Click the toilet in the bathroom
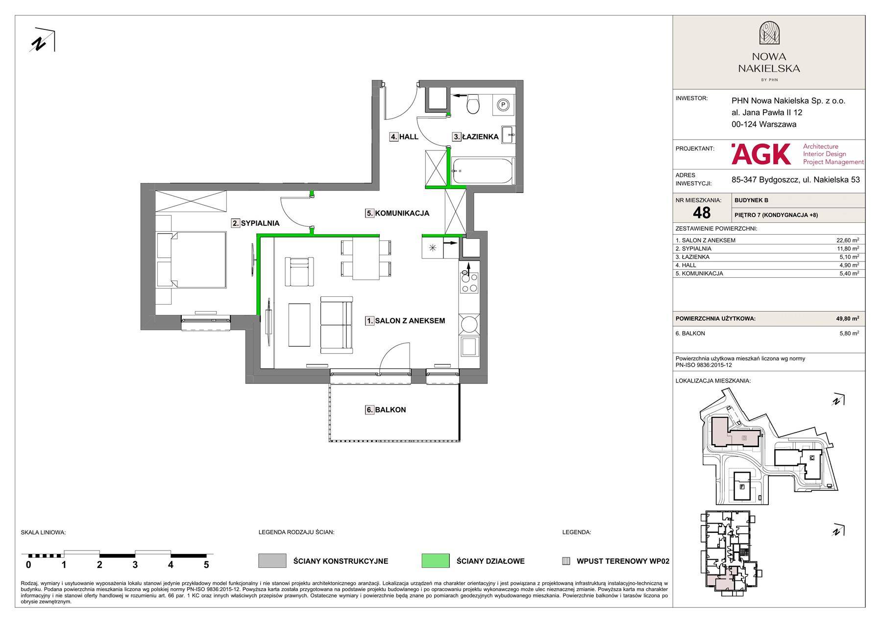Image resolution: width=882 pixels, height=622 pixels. point(473,103)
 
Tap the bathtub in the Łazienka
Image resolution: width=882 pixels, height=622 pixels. point(483,171)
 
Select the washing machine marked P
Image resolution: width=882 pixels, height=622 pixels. point(503,105)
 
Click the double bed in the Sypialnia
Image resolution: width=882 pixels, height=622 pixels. point(191,260)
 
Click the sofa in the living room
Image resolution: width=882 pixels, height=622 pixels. point(337,324)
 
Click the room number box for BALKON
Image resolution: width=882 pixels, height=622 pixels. point(369,410)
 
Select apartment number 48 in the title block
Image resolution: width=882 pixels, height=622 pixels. point(702,213)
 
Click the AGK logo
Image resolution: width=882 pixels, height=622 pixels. point(761,154)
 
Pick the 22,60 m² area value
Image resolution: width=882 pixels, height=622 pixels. point(847,240)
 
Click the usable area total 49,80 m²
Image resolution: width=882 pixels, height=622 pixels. point(847,318)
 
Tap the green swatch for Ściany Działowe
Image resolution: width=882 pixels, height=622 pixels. point(436,561)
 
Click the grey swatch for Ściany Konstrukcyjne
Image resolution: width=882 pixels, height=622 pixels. point(272,561)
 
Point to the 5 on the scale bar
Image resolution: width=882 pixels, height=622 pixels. point(206,565)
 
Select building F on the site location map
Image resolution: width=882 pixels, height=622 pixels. point(742,487)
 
